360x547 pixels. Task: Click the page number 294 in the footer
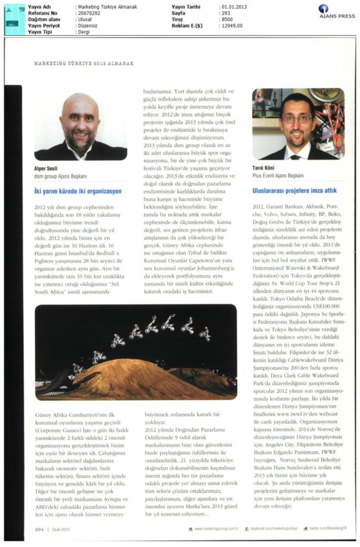point(40,529)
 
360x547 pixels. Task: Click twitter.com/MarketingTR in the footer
point(325,529)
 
